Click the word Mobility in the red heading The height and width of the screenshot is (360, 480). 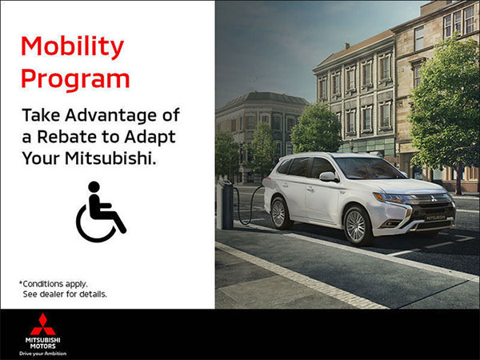72,47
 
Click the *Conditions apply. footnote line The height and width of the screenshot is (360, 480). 54,283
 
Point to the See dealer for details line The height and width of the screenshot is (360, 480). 65,294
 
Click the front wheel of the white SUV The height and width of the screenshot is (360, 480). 355,226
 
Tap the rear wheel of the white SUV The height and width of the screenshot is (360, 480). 280,213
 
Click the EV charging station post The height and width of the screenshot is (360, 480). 226,204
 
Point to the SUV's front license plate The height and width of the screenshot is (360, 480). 435,217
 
